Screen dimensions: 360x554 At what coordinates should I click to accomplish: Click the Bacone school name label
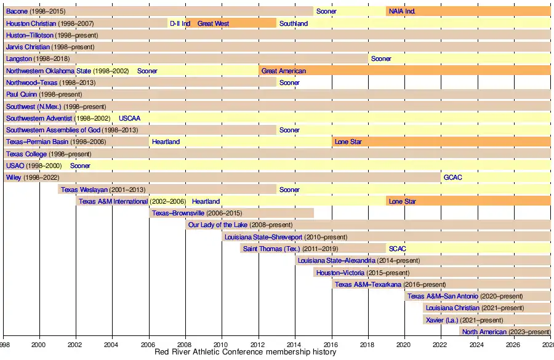click(17, 12)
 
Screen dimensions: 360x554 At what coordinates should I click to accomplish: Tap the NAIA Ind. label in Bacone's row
click(402, 12)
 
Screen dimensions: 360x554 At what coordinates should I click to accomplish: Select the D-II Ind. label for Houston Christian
click(180, 23)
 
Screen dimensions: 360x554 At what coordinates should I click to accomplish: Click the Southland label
click(294, 23)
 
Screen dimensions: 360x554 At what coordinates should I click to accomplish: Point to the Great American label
click(283, 71)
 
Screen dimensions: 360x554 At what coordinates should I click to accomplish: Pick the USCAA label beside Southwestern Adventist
click(129, 118)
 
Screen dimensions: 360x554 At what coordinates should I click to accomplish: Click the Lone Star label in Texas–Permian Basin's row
click(348, 142)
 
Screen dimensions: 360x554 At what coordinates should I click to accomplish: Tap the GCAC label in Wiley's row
click(452, 178)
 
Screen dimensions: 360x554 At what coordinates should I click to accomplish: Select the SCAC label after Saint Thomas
click(398, 249)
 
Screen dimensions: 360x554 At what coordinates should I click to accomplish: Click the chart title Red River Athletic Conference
click(247, 353)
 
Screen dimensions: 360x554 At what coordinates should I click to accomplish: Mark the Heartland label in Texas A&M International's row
click(206, 201)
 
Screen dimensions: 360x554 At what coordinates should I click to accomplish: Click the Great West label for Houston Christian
click(213, 23)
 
